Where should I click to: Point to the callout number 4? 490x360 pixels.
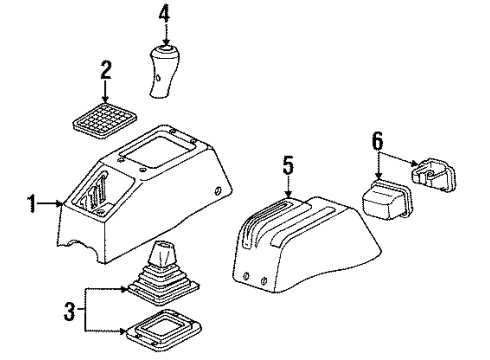point(166,14)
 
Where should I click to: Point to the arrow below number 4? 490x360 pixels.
point(166,34)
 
